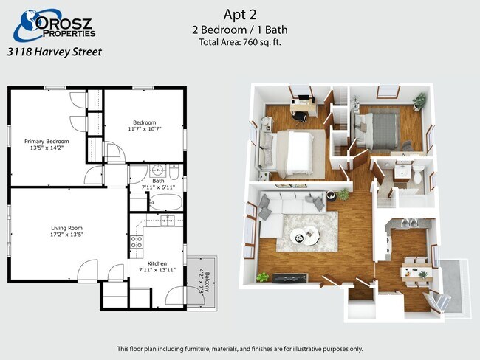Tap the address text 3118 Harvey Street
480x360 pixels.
pos(55,52)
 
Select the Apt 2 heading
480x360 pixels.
pos(240,14)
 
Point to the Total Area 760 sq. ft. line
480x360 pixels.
pos(240,42)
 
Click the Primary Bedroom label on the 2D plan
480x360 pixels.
pos(47,142)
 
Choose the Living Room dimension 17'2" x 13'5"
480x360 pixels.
pos(66,235)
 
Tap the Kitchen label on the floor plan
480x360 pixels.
pos(157,263)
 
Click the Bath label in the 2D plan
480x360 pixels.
pos(158,181)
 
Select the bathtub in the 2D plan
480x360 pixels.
pos(166,202)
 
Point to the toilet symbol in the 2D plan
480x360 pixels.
pos(174,172)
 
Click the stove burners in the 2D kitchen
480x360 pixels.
pos(137,242)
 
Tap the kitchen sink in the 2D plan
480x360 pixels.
pos(167,220)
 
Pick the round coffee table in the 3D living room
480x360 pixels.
pos(305,235)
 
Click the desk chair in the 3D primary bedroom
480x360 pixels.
pos(299,117)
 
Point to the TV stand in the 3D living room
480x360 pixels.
pos(289,278)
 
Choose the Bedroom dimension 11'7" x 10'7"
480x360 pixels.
pos(145,129)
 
